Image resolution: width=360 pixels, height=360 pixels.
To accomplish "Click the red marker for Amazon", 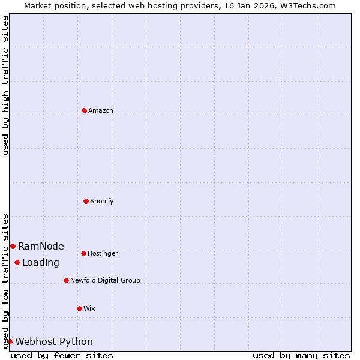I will (x=84, y=110).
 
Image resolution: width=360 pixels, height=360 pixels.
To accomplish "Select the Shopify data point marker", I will (x=86, y=201).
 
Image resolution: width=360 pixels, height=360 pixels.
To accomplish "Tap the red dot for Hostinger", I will (x=83, y=253).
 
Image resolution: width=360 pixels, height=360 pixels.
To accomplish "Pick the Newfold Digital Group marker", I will (x=66, y=280).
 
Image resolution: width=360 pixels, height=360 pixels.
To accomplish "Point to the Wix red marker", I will (x=79, y=308).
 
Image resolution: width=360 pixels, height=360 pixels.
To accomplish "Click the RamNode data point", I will (x=13, y=246).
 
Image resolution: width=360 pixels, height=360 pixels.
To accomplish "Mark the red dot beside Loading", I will (x=17, y=262).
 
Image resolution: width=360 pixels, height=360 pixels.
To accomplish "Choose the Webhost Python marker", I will (x=10, y=341).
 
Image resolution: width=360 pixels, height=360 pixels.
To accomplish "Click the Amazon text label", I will (x=101, y=110).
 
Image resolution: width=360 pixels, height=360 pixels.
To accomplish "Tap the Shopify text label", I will (x=102, y=201).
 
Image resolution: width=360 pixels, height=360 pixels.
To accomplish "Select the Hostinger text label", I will (x=103, y=253).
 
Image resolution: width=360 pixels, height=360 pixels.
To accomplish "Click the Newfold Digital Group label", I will (x=105, y=280).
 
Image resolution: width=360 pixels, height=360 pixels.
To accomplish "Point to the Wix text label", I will (x=89, y=308).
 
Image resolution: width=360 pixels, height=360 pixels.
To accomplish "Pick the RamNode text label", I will (x=41, y=246).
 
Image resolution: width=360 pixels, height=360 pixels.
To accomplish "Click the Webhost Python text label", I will (x=54, y=341).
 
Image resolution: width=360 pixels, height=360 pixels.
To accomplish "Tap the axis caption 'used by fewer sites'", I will (x=62, y=355).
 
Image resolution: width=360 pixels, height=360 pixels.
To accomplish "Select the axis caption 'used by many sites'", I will (x=301, y=355).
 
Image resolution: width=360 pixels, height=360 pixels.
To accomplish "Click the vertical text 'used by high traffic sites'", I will (x=5, y=85).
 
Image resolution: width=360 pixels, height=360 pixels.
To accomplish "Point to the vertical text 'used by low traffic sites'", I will (x=5, y=280).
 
